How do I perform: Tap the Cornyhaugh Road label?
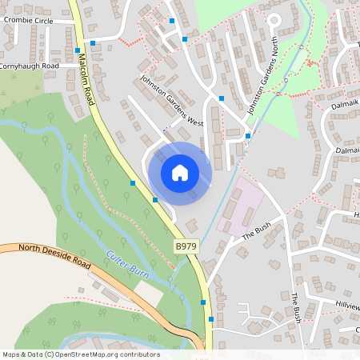30,66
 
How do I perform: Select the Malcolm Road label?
86,78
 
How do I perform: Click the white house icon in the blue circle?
180,173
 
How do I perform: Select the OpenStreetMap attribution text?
80,354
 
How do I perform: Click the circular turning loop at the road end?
274,20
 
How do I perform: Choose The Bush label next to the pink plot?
258,230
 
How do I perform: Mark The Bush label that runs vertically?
296,307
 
